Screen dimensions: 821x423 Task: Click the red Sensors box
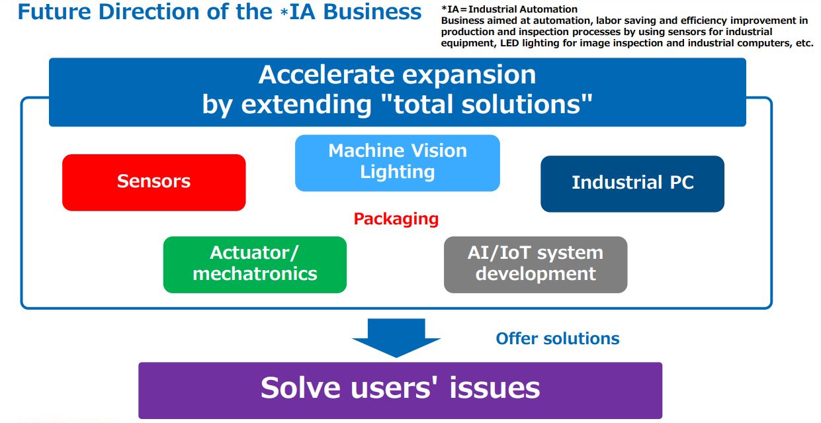point(154,182)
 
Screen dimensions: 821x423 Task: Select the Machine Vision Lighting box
point(398,163)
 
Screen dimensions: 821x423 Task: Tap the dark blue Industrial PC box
point(632,184)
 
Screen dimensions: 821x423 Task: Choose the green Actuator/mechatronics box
point(255,265)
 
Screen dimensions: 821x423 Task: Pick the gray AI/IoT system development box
point(535,265)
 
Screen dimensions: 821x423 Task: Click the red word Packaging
point(396,219)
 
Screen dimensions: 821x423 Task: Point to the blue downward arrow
point(396,338)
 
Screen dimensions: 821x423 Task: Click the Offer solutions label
point(558,339)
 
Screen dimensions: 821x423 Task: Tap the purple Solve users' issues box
point(400,391)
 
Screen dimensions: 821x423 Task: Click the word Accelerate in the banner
point(327,75)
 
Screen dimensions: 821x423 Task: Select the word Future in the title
point(54,12)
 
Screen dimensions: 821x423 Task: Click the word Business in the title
point(372,12)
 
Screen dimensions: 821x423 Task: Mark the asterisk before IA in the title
point(284,12)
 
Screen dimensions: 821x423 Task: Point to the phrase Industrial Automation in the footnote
point(523,9)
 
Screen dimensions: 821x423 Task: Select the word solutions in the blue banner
point(521,105)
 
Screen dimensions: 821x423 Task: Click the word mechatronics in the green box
point(255,274)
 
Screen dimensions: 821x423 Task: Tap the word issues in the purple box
point(495,389)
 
